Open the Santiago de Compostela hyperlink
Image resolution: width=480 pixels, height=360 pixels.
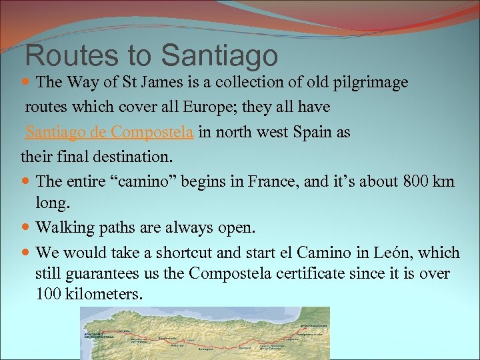pyautogui.click(x=109, y=132)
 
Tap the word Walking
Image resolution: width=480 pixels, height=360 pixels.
pyautogui.click(x=65, y=228)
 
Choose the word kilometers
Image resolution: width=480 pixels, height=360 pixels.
pyautogui.click(x=105, y=293)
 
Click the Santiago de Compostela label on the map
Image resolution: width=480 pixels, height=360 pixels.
pyautogui.click(x=93, y=335)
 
